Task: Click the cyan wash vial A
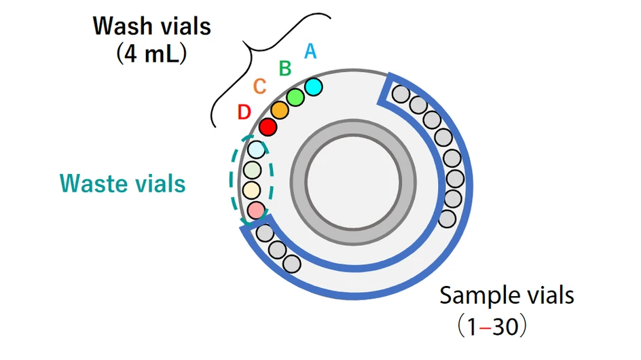pos(313,87)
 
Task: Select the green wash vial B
pos(295,97)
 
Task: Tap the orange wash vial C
pos(280,110)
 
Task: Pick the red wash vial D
pos(268,126)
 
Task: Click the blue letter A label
pos(310,51)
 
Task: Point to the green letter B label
pos(286,68)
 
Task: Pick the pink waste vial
pos(255,211)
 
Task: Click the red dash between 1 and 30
pos(482,328)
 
